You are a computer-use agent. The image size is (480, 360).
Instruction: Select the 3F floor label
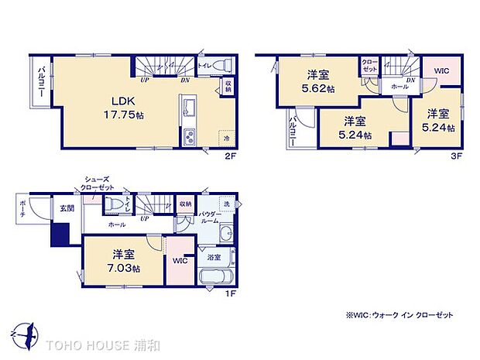[457, 155]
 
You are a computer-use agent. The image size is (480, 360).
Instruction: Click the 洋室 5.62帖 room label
[317, 81]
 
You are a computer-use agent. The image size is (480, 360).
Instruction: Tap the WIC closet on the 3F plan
[441, 71]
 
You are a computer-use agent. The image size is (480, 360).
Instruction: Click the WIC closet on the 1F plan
[180, 261]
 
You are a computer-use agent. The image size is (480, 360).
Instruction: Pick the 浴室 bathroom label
[214, 256]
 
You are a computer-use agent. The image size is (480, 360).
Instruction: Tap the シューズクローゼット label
[96, 184]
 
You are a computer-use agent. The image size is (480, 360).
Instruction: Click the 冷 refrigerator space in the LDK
[226, 137]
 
